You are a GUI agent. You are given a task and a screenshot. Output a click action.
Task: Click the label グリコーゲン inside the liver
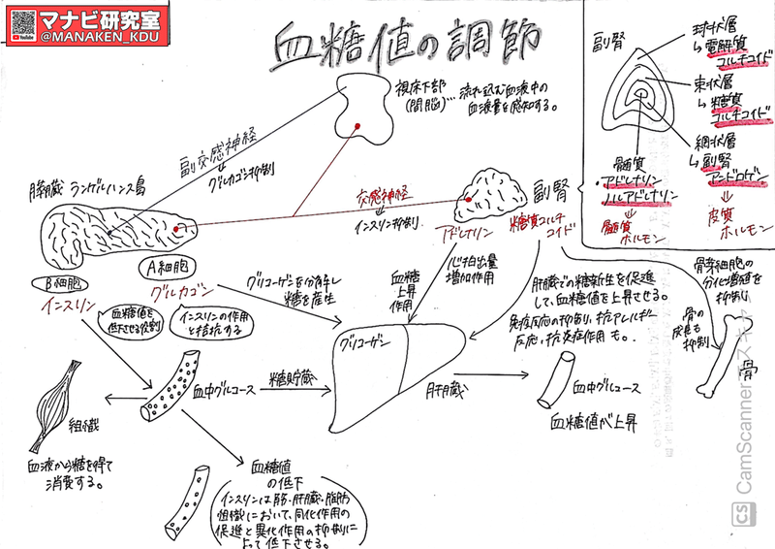tap(369, 342)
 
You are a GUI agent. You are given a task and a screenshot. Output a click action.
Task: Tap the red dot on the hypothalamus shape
tap(356, 124)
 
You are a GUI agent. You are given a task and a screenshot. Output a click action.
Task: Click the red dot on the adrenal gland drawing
tap(468, 198)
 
